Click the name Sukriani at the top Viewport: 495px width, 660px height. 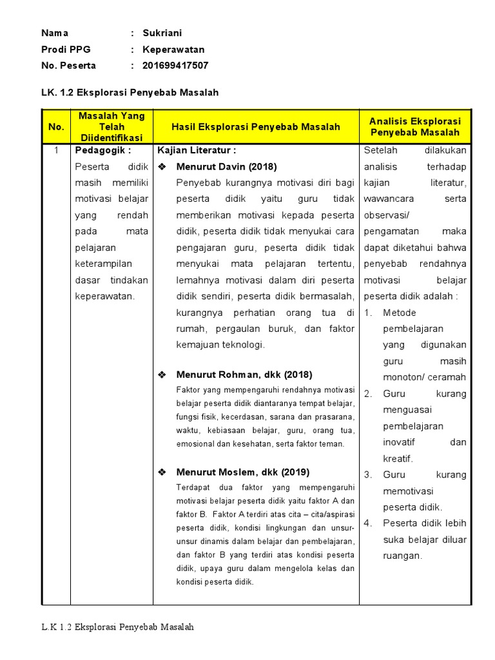click(x=162, y=33)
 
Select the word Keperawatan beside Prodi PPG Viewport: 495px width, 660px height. click(x=173, y=50)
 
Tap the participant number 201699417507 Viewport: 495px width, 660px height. click(x=175, y=66)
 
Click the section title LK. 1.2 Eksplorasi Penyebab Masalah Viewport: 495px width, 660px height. click(x=130, y=93)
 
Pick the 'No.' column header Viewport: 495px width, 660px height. click(x=56, y=127)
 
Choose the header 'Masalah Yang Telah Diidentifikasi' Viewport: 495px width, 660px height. click(x=112, y=127)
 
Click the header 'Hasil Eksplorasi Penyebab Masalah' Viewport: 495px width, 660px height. click(x=255, y=127)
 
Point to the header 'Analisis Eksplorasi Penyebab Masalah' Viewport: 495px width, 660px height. click(x=414, y=127)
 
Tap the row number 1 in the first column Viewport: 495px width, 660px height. click(x=56, y=150)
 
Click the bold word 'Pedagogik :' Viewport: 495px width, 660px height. click(x=103, y=150)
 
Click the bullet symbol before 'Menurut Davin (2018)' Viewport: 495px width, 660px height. click(x=162, y=167)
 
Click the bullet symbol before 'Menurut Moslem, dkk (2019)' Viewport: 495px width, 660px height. click(x=162, y=472)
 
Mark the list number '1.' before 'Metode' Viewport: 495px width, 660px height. click(x=368, y=313)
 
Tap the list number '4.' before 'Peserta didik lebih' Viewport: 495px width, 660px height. click(x=368, y=523)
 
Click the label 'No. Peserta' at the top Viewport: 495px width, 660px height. click(x=68, y=66)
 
